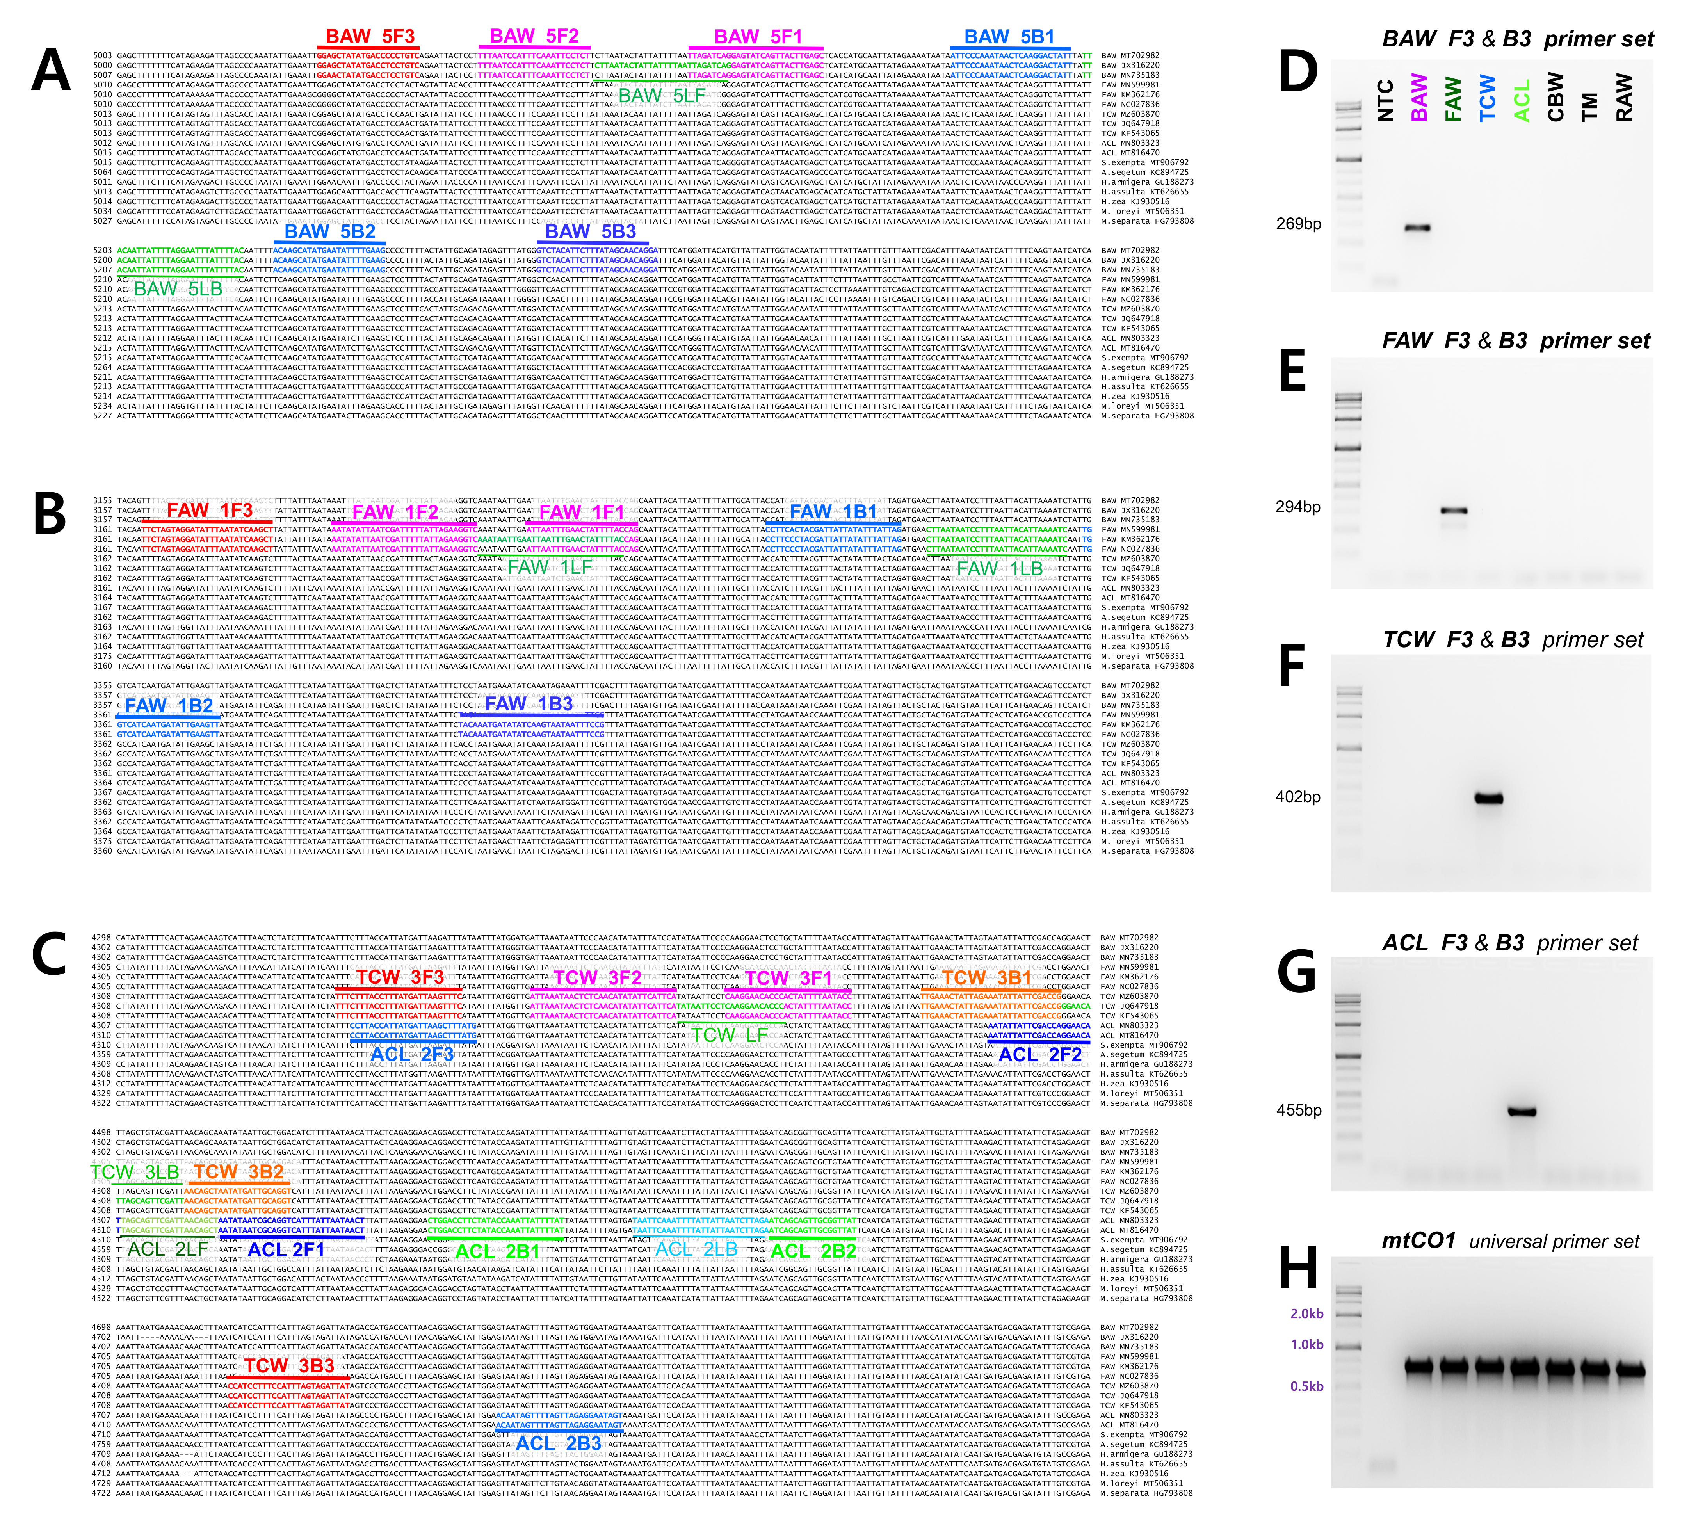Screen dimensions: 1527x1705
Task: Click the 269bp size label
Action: click(1298, 224)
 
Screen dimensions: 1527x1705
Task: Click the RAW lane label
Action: click(1623, 97)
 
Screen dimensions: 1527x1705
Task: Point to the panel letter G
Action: click(1296, 973)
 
